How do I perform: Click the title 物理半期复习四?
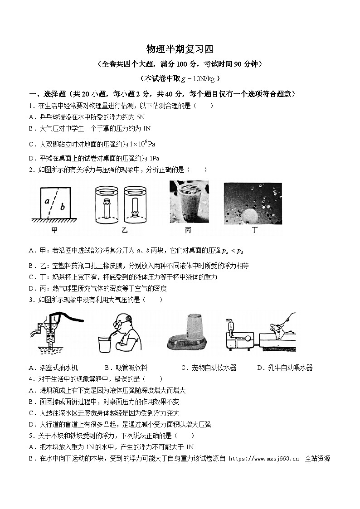click(x=180, y=48)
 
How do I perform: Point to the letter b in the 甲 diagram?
click(x=63, y=207)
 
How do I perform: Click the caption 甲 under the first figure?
click(x=54, y=230)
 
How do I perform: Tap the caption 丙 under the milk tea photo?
click(x=188, y=230)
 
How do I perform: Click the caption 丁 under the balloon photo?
click(x=254, y=230)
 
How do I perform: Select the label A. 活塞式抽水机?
click(x=53, y=368)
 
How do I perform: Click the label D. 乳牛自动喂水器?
click(x=285, y=368)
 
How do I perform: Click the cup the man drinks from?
click(x=106, y=343)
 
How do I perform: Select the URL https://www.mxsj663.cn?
click(x=264, y=459)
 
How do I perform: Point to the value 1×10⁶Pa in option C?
click(x=142, y=144)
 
